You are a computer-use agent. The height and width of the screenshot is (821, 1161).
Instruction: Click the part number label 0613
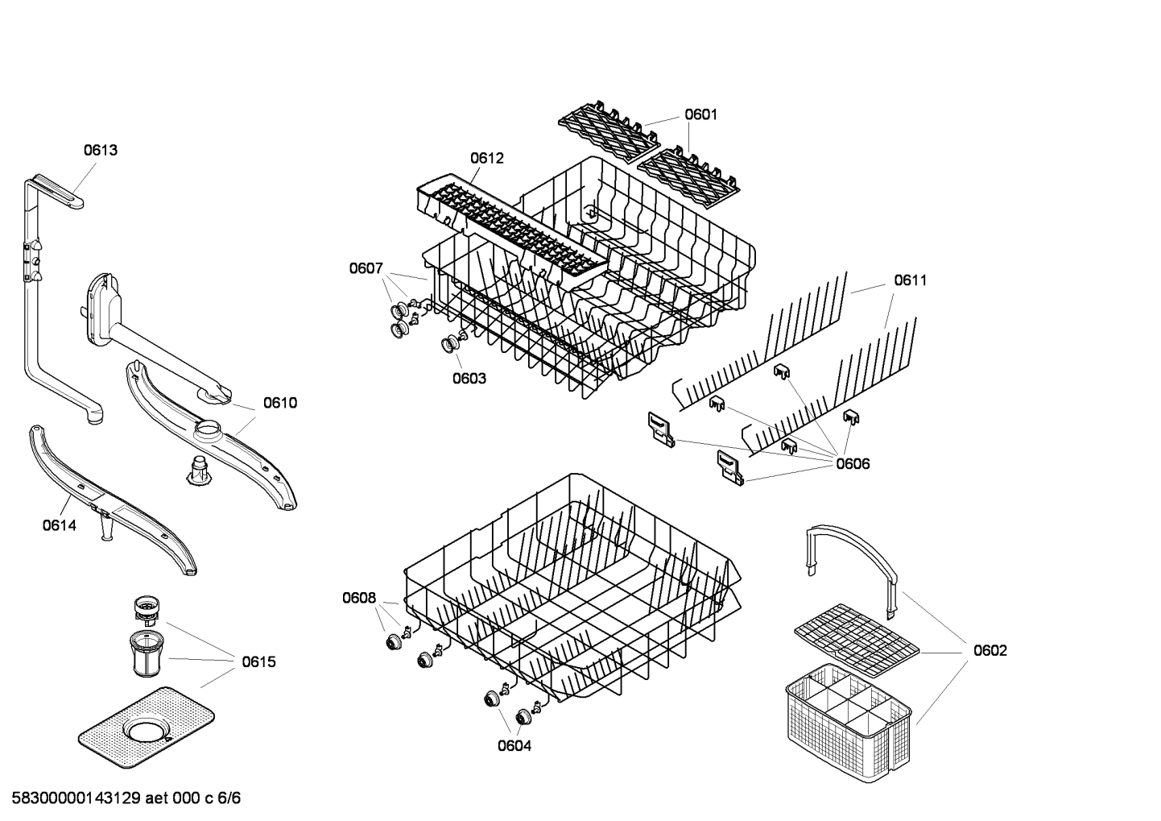(x=101, y=150)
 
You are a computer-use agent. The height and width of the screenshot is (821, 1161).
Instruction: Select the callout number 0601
(x=700, y=114)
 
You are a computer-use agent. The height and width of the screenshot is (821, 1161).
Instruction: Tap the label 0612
(x=487, y=158)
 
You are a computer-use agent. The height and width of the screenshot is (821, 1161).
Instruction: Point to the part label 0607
(x=366, y=268)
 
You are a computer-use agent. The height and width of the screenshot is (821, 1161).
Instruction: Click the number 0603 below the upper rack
(x=469, y=379)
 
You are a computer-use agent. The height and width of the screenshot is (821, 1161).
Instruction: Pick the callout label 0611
(x=910, y=280)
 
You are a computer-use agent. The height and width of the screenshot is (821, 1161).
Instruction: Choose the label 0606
(x=853, y=464)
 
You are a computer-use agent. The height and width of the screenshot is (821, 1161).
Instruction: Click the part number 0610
(x=280, y=403)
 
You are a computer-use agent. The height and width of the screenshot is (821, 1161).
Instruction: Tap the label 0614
(x=60, y=526)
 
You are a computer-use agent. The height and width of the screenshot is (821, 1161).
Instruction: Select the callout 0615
(x=258, y=662)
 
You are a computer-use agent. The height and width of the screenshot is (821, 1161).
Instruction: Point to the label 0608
(x=359, y=598)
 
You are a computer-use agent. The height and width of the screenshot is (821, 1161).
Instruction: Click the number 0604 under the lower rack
(x=514, y=746)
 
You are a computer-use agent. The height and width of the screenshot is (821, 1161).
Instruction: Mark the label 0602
(x=990, y=651)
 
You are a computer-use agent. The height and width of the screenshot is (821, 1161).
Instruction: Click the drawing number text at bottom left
(x=122, y=798)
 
